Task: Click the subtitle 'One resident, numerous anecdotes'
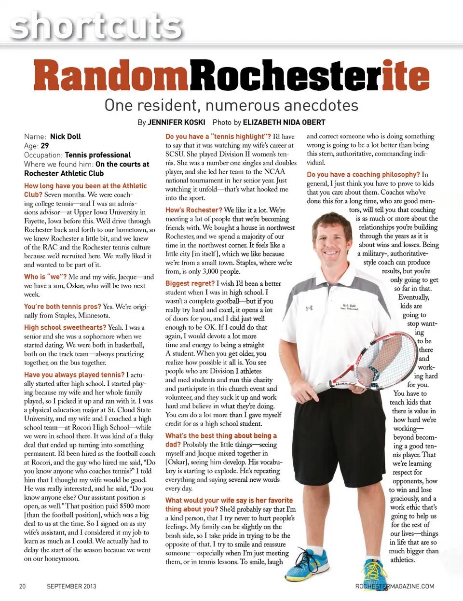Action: (x=231, y=105)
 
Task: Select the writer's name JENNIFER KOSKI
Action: (x=177, y=123)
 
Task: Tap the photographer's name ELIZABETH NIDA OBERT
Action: (x=284, y=123)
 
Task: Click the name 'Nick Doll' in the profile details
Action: (x=66, y=137)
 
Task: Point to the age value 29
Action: (x=45, y=146)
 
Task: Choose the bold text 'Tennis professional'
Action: (x=98, y=155)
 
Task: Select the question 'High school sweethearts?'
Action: (x=65, y=327)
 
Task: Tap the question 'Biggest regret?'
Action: (x=190, y=283)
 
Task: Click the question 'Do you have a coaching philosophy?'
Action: (x=363, y=174)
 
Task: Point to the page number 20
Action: (x=22, y=587)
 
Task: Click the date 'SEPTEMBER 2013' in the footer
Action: (x=71, y=587)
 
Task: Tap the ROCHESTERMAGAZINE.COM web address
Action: (x=395, y=587)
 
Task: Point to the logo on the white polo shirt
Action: (x=309, y=307)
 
